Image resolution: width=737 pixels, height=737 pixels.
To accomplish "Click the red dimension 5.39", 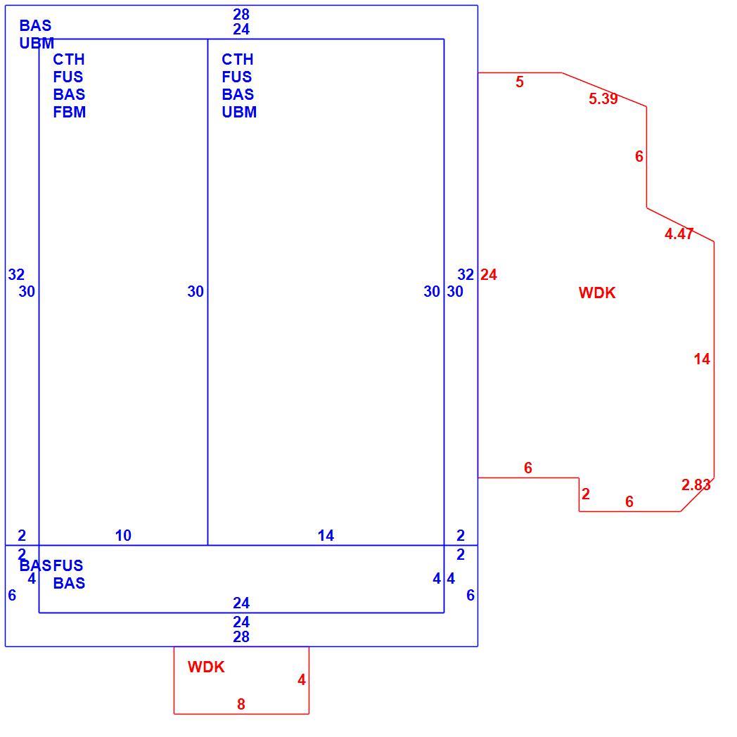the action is (x=603, y=98).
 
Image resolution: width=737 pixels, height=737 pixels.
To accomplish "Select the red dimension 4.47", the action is (x=679, y=233).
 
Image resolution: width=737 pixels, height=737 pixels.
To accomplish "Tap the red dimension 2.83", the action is (x=696, y=485).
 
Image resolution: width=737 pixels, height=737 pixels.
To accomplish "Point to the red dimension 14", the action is (x=702, y=359).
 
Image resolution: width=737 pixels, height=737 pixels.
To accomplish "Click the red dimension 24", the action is (x=488, y=274).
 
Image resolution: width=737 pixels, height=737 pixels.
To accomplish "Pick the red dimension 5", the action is (x=520, y=82).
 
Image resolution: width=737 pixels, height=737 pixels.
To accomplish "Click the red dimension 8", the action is (x=241, y=704).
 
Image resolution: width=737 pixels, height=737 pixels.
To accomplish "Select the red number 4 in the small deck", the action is (x=301, y=679).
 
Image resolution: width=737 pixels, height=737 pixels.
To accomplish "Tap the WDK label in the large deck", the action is (x=597, y=293).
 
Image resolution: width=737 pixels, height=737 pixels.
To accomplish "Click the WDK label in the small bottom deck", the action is (x=206, y=667).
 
